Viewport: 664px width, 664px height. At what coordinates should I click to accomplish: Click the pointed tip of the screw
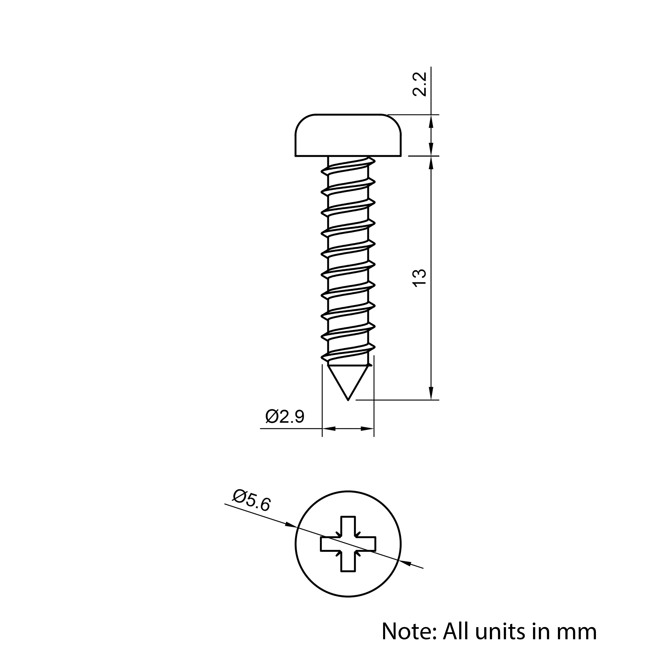(x=348, y=400)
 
